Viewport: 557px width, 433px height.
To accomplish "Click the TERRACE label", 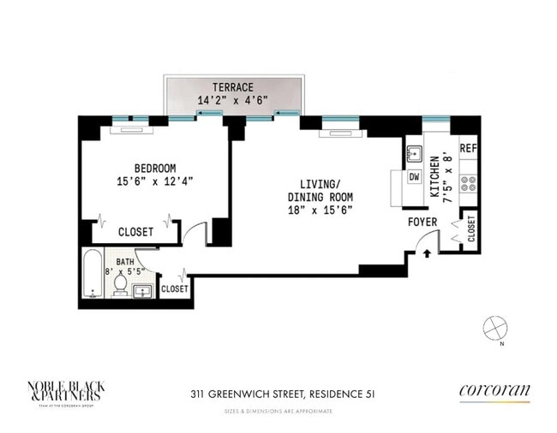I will pyautogui.click(x=233, y=87).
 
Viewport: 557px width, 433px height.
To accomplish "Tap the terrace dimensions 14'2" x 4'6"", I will pyautogui.click(x=233, y=100).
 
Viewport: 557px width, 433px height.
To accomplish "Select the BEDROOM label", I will pyautogui.click(x=155, y=168).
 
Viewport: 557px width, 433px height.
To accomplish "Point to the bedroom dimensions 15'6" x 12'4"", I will pyautogui.click(x=155, y=181).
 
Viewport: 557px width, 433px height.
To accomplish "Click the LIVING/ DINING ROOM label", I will pyautogui.click(x=320, y=190).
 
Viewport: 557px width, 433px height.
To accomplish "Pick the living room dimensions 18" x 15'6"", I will pyautogui.click(x=320, y=210).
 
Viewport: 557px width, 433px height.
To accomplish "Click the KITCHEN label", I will pyautogui.click(x=435, y=177).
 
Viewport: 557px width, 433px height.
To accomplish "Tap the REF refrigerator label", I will pyautogui.click(x=468, y=148).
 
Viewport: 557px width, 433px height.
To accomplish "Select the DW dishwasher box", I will pyautogui.click(x=414, y=176).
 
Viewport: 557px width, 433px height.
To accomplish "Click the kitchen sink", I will pyautogui.click(x=414, y=154).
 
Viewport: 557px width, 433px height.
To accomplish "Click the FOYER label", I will pyautogui.click(x=422, y=222).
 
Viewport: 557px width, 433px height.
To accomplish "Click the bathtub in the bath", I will pyautogui.click(x=93, y=275).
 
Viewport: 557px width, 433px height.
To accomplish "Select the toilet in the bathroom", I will pyautogui.click(x=121, y=285).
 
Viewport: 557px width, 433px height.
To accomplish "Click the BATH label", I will pyautogui.click(x=125, y=263).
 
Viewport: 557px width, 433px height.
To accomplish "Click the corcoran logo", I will pyautogui.click(x=494, y=392).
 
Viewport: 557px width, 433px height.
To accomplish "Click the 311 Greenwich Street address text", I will pyautogui.click(x=282, y=394).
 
